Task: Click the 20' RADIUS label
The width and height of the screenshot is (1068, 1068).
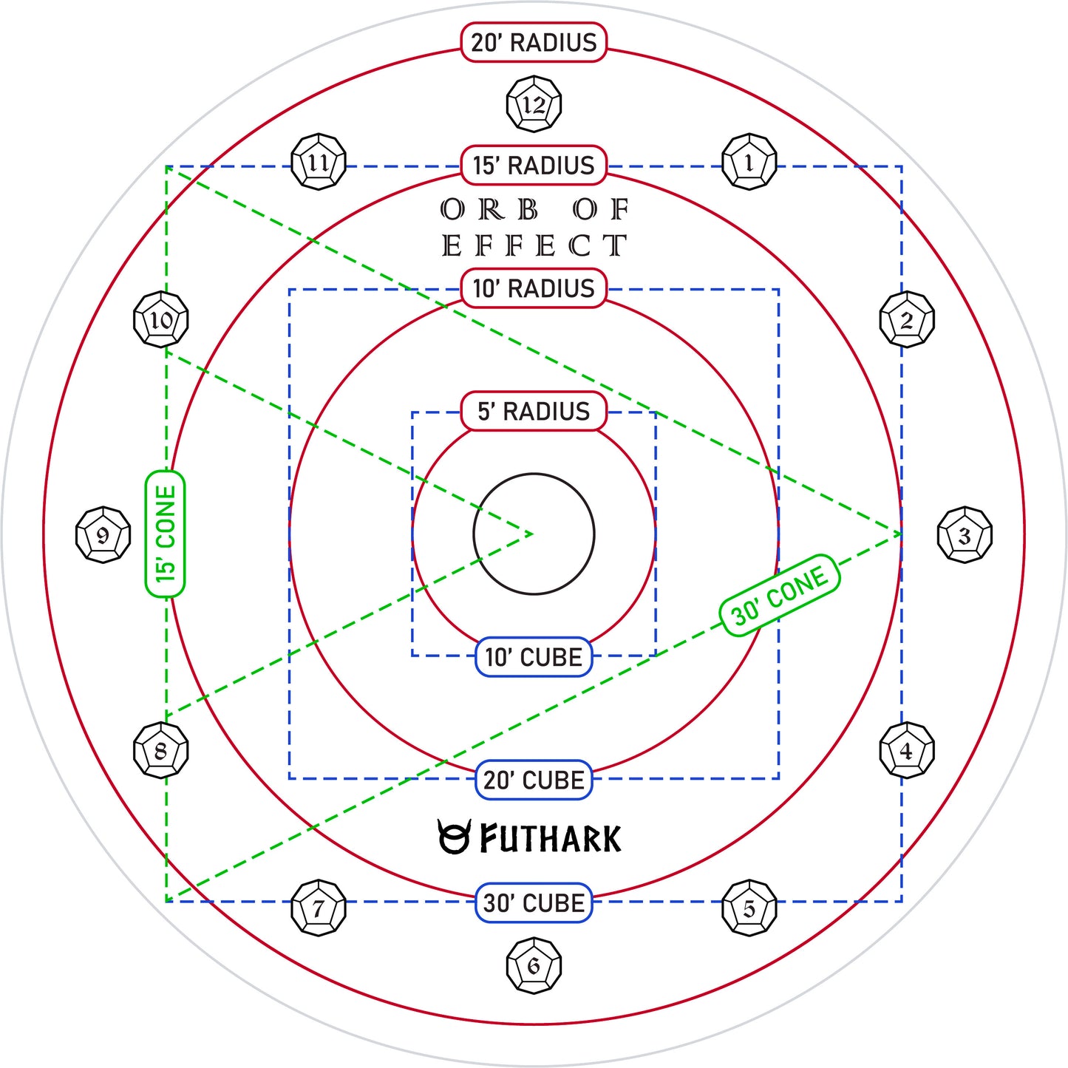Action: (x=534, y=42)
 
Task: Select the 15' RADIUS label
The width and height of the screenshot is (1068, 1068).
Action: (x=534, y=165)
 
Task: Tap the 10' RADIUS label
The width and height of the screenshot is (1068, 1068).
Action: (x=534, y=288)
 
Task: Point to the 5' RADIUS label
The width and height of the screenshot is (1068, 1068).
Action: (x=534, y=411)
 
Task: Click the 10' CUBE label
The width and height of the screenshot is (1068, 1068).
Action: (x=534, y=657)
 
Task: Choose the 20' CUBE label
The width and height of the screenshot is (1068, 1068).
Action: (x=534, y=780)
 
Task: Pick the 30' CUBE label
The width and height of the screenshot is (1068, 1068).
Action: (x=534, y=903)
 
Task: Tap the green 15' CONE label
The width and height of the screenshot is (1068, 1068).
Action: (x=165, y=534)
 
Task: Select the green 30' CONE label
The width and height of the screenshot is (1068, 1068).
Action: (x=780, y=595)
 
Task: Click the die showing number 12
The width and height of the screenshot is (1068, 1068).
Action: (x=534, y=104)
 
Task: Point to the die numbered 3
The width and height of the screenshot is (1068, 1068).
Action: (x=965, y=535)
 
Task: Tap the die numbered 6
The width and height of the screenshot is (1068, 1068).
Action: (x=534, y=966)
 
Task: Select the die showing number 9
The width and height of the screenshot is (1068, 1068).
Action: (x=103, y=535)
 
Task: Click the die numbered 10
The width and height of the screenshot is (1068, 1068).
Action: (x=161, y=320)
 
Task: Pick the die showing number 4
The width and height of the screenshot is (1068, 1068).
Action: (x=908, y=750)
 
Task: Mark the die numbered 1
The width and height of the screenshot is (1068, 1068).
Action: (x=749, y=162)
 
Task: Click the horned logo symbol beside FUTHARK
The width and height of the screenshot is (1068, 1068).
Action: (x=455, y=837)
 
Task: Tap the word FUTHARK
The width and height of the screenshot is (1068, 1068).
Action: (x=551, y=839)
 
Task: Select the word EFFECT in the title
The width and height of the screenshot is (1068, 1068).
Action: (x=534, y=245)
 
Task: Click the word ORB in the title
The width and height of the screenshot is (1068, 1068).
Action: (x=489, y=209)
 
